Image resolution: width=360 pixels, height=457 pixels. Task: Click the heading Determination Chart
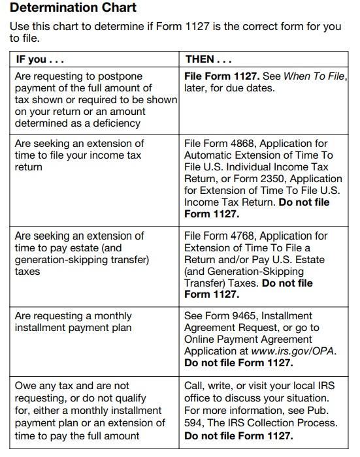[x=74, y=8]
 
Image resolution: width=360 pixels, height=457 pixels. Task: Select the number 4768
[x=244, y=236]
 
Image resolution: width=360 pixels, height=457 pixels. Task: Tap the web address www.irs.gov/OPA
[x=293, y=351]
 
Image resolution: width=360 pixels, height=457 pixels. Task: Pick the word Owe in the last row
[x=25, y=385]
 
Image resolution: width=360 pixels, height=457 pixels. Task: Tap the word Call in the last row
[x=194, y=385]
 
